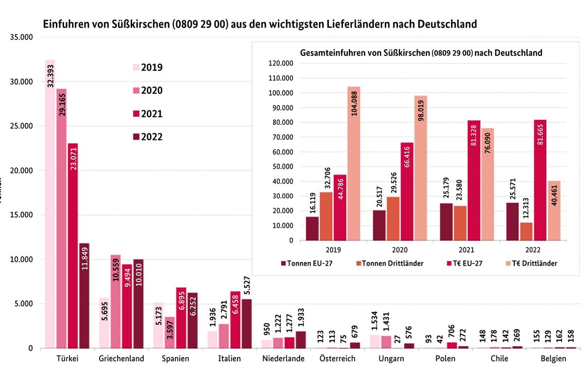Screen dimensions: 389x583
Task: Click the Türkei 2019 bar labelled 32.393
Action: pos(50,204)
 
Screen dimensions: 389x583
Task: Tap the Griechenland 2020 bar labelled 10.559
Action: pos(115,301)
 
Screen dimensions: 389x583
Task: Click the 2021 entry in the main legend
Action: pos(148,114)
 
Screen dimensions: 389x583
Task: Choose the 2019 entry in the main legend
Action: pos(148,68)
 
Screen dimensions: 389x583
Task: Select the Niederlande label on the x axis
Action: pos(283,359)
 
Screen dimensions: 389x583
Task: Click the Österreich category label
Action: pos(338,359)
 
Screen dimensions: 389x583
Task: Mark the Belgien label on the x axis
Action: pos(553,359)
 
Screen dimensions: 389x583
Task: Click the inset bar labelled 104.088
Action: pos(354,163)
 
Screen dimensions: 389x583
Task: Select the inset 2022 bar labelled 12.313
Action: pos(526,231)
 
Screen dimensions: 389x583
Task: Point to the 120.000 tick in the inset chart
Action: pos(280,63)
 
